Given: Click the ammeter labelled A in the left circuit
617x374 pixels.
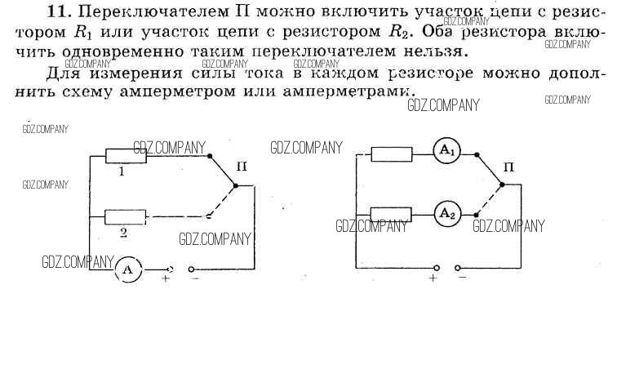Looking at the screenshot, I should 127,268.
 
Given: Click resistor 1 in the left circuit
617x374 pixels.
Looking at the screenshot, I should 126,155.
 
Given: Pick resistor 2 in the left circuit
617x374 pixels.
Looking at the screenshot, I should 126,216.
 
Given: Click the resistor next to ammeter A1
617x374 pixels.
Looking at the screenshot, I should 390,153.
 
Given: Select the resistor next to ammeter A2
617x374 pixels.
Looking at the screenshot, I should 390,214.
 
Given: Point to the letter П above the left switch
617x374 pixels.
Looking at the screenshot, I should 242,167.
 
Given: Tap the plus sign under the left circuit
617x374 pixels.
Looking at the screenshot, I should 166,279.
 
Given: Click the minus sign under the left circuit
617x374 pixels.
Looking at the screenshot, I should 195,279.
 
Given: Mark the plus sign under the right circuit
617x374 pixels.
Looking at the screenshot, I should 433,278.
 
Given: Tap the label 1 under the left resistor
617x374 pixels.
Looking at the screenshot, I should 122,172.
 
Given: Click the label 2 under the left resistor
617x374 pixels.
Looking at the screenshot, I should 122,233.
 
